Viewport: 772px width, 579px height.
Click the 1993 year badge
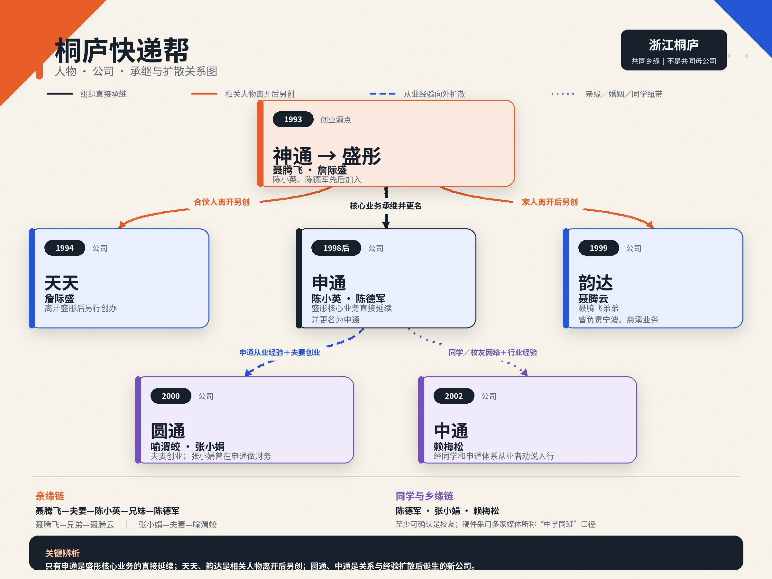[x=293, y=119]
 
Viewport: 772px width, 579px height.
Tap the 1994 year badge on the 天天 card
[x=65, y=248]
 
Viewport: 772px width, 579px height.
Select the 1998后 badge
[x=336, y=248]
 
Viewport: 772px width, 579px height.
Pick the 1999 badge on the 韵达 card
[x=599, y=248]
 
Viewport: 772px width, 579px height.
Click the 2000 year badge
[x=171, y=396]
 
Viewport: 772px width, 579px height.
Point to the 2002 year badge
[x=454, y=396]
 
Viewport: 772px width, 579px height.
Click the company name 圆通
[x=168, y=431]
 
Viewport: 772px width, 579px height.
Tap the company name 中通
[x=451, y=431]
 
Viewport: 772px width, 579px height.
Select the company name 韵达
[x=596, y=283]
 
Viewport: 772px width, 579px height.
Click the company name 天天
[x=62, y=283]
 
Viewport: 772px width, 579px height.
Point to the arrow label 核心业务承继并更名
[x=386, y=206]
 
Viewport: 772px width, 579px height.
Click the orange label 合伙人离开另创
[x=222, y=202]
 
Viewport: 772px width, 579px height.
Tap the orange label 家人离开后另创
[x=550, y=202]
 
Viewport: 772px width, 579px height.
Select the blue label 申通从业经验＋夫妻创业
[x=280, y=353]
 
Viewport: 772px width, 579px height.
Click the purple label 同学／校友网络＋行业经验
[x=493, y=353]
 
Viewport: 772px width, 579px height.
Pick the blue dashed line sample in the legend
[x=382, y=94]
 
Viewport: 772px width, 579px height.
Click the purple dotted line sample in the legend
[x=563, y=94]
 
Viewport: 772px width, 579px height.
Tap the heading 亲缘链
[x=50, y=496]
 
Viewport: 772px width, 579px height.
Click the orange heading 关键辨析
[x=62, y=553]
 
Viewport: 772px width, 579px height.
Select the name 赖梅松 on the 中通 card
[x=448, y=446]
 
